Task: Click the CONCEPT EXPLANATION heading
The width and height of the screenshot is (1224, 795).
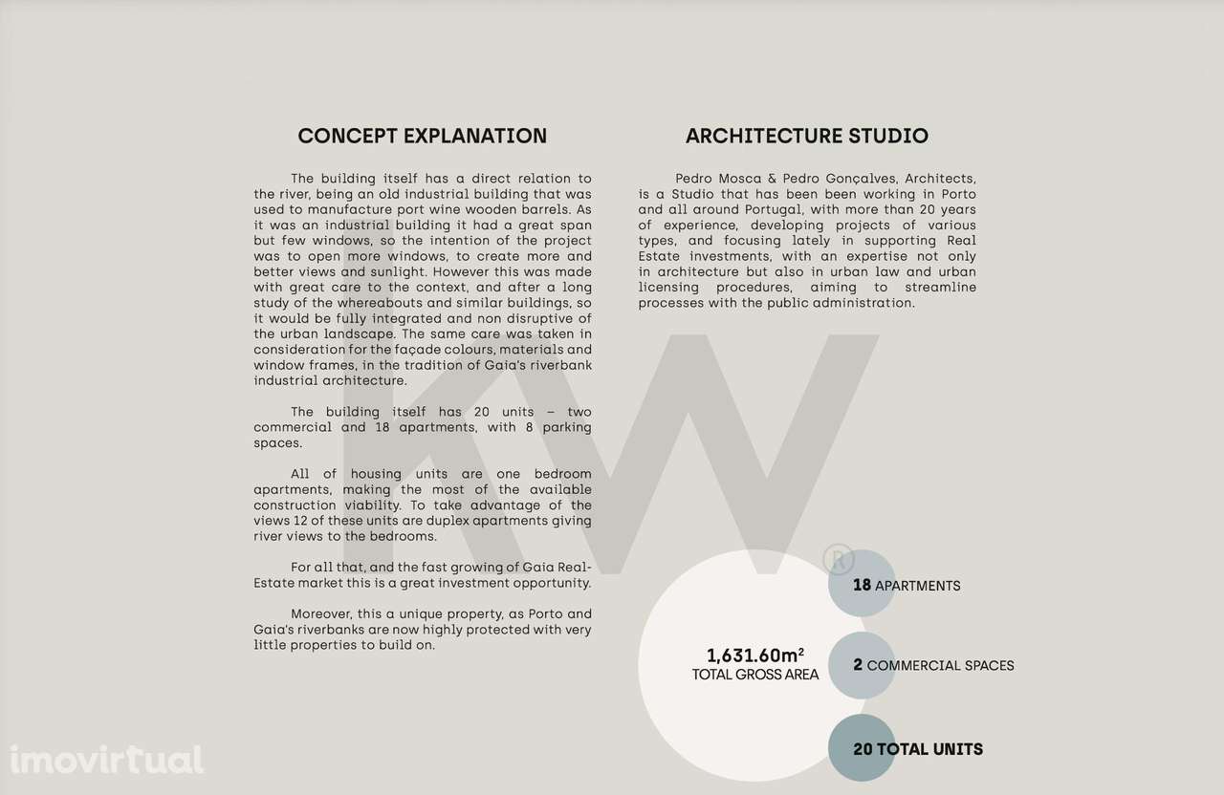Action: [x=422, y=136]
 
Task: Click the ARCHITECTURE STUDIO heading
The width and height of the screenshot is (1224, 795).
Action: [x=806, y=136]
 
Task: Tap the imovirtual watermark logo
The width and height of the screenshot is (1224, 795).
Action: [x=106, y=760]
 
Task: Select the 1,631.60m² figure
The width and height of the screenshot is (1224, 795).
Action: [x=754, y=655]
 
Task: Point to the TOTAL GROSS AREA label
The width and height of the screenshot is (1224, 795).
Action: [x=754, y=675]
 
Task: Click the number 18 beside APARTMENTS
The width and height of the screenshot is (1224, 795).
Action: [x=862, y=585]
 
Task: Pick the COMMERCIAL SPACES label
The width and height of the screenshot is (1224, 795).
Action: [x=940, y=665]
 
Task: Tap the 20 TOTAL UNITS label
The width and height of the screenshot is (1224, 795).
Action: [x=917, y=749]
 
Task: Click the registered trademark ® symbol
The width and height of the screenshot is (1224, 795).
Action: [x=839, y=558]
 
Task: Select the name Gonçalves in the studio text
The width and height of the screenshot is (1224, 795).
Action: [x=853, y=179]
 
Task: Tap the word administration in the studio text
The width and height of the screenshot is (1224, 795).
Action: [x=864, y=303]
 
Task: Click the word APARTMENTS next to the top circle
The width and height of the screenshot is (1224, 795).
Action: [x=917, y=586]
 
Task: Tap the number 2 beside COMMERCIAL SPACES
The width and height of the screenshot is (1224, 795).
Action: [x=858, y=665]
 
